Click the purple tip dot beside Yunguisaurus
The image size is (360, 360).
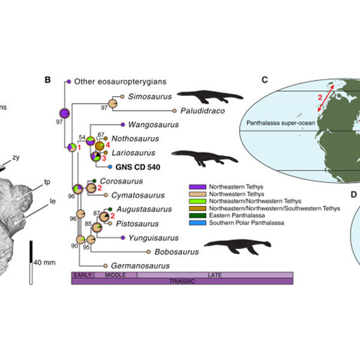(x=122, y=238)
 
